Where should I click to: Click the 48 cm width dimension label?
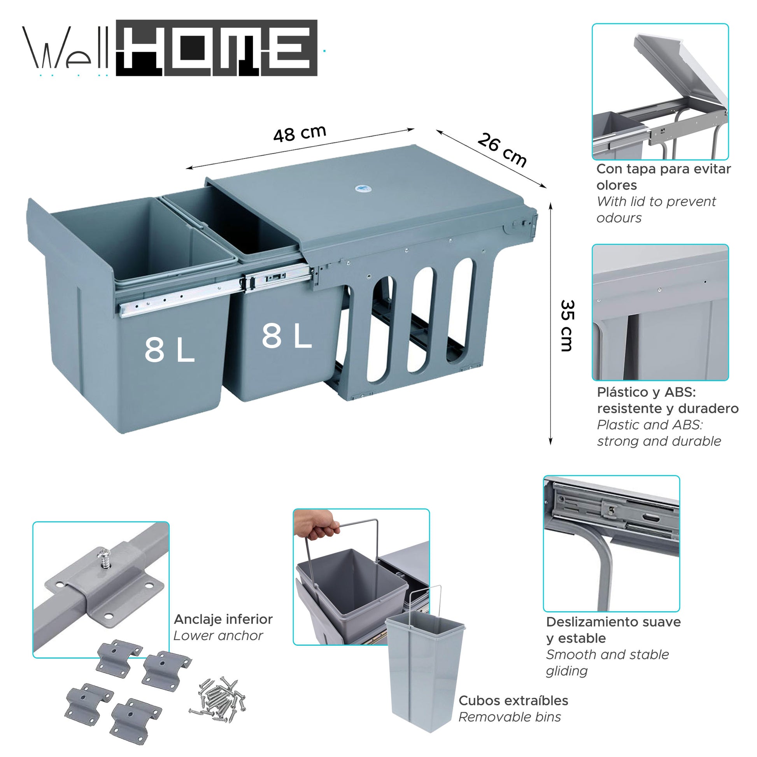click(x=300, y=133)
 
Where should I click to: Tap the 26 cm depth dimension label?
click(x=502, y=150)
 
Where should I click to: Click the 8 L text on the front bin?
click(x=169, y=349)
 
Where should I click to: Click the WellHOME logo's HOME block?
click(x=217, y=48)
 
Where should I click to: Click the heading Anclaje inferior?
click(x=223, y=619)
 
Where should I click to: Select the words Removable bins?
click(x=509, y=717)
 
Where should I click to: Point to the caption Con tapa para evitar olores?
click(x=663, y=177)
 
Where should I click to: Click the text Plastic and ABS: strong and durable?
click(x=658, y=433)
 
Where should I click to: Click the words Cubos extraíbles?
click(x=513, y=700)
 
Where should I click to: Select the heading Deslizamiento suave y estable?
click(x=613, y=630)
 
